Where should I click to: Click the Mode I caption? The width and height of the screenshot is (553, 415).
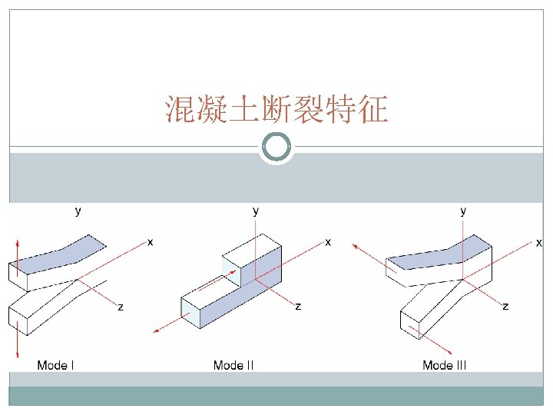[x=56, y=365]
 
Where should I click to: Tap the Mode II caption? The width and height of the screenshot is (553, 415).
[x=233, y=365]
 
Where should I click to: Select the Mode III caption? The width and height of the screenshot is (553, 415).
[x=444, y=365]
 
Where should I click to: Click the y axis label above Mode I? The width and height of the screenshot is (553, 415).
[x=78, y=209]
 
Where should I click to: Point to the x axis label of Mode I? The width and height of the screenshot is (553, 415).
[x=151, y=242]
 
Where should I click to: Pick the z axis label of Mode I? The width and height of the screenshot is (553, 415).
[x=121, y=307]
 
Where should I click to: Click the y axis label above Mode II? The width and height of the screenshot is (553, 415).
[x=256, y=209]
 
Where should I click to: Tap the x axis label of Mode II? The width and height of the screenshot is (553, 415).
[x=328, y=242]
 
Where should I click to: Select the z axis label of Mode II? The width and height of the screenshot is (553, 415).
[x=298, y=307]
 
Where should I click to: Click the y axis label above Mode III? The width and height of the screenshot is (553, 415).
[x=462, y=209]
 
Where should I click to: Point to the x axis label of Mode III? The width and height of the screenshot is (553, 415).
[x=539, y=242]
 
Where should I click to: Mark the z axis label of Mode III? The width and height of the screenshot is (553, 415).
[x=505, y=307]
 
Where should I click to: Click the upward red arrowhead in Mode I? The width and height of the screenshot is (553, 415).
[x=18, y=244]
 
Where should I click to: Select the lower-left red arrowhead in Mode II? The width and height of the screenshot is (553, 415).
[x=157, y=330]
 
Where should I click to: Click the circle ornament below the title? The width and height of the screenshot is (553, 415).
[x=276, y=147]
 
